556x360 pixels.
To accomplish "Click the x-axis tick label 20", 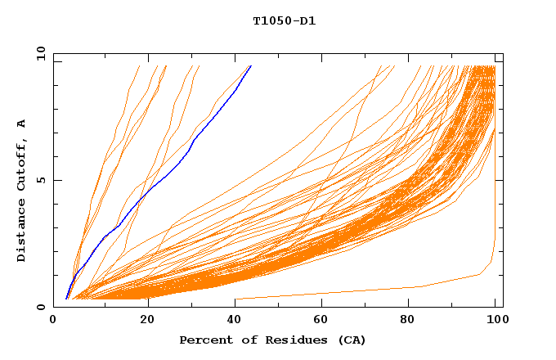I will [x=147, y=318].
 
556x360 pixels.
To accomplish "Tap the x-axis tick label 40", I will [x=235, y=318].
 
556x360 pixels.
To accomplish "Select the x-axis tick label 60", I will [x=321, y=318].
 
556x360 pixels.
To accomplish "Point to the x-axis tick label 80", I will [x=409, y=318].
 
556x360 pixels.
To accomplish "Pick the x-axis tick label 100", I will [x=495, y=318].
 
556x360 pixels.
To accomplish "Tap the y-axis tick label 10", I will [x=41, y=53].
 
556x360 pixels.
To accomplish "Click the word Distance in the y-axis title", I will [x=21, y=232].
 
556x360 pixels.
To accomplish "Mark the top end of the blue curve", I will [x=251, y=65].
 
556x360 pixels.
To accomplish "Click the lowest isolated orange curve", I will [x=368, y=291].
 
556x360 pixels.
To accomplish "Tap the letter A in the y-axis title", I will [x=21, y=123].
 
